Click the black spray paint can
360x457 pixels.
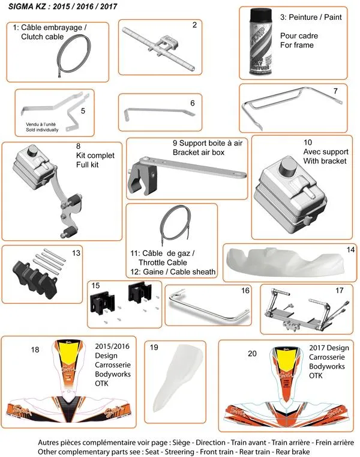point(259,43)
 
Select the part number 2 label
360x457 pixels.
point(194,25)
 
